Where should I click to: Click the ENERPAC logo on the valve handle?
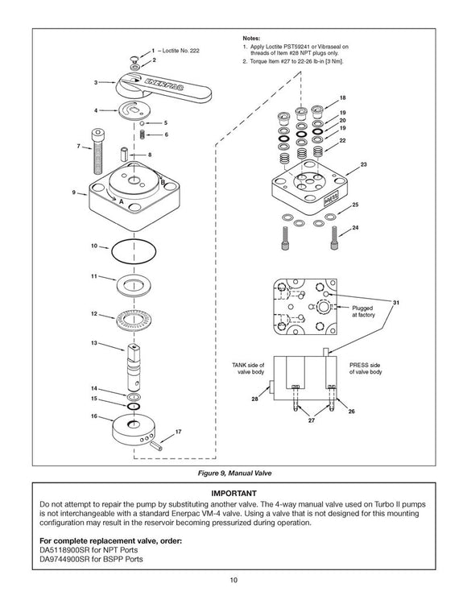pos(164,85)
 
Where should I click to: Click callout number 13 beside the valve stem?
pos(94,343)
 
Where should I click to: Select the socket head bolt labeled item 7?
pos(98,151)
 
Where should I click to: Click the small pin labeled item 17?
pos(156,445)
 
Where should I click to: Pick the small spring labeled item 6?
pos(142,134)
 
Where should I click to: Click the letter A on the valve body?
pos(121,201)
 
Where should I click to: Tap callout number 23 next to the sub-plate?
pos(363,164)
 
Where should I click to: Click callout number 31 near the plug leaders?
pos(396,302)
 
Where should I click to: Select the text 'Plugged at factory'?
pos(362,311)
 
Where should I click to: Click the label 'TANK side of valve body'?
pos(248,368)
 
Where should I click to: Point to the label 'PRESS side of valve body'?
pos(366,368)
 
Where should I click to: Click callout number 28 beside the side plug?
pos(254,399)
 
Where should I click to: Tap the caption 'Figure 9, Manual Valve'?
pos(234,473)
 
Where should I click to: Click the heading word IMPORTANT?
pos(233,493)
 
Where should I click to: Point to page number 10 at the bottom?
pos(233,580)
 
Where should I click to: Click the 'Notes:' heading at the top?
pos(251,38)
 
